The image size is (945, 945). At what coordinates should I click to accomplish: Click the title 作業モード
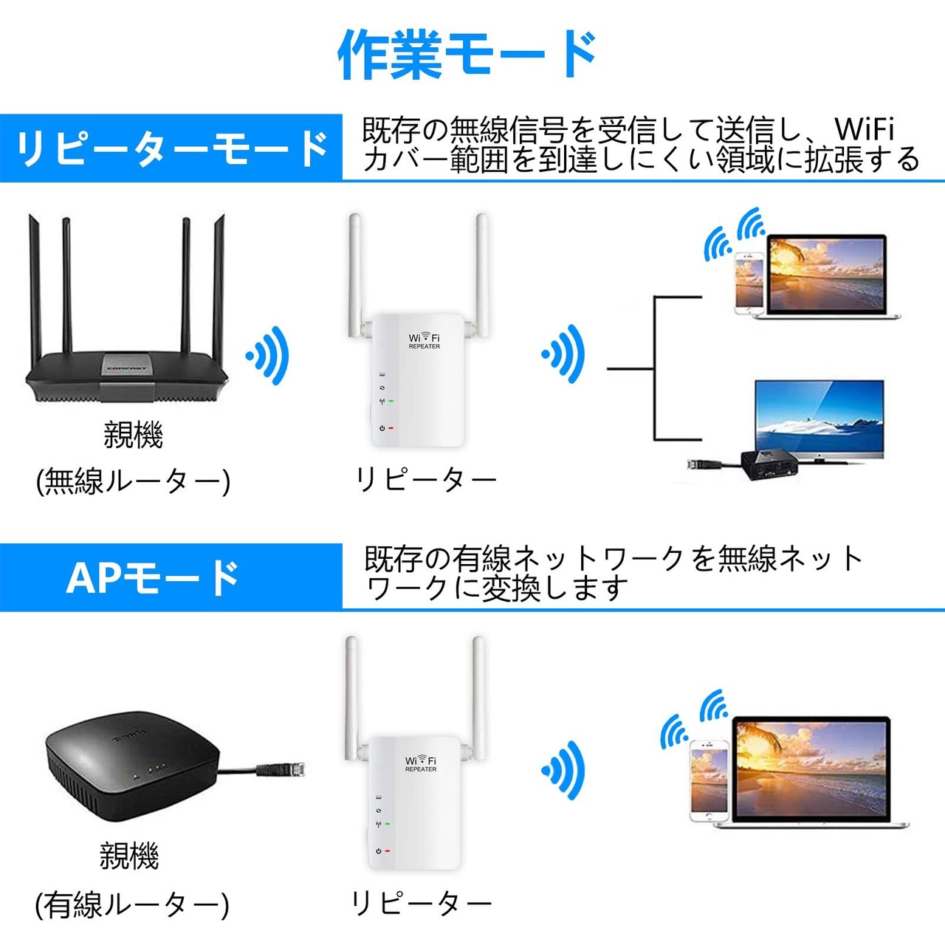point(467,55)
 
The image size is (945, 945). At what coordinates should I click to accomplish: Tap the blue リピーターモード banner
point(171,148)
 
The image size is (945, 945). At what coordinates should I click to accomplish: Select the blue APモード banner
point(171,577)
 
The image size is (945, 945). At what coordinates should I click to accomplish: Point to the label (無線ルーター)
point(133,481)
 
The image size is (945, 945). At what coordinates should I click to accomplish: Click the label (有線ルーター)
point(131,905)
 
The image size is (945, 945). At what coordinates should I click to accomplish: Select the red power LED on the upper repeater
point(391,428)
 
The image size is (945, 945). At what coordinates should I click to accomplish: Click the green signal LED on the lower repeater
point(388,825)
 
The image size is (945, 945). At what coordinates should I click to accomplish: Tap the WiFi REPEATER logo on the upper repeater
point(425,340)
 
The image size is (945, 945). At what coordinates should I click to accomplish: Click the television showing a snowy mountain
point(819,422)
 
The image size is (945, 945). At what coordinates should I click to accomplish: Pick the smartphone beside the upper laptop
point(749,283)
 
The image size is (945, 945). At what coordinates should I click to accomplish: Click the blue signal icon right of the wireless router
point(267,355)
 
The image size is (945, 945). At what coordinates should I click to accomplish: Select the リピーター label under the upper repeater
point(426,480)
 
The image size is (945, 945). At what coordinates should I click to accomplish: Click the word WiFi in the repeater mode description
point(865,129)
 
